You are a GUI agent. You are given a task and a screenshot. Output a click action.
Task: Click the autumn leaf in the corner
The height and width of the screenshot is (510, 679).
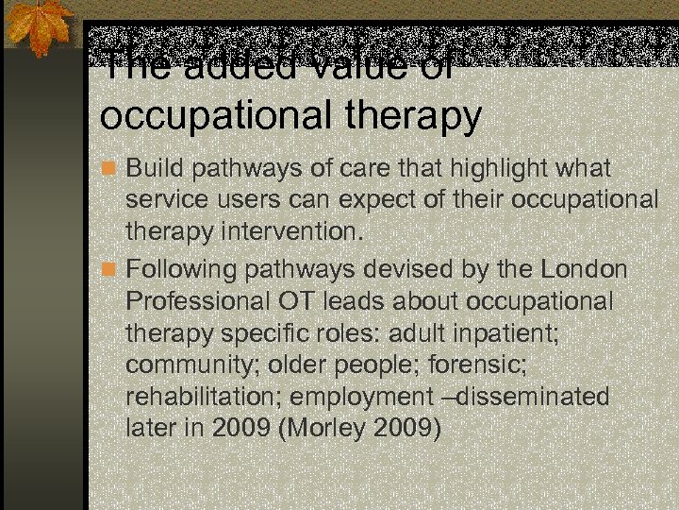click(38, 28)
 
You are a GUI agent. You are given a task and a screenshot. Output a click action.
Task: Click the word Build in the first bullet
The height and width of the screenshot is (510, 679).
click(156, 168)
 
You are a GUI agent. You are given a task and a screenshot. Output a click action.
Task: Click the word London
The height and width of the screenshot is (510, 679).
click(584, 269)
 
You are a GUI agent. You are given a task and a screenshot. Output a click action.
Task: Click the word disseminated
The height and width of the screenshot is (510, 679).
click(528, 397)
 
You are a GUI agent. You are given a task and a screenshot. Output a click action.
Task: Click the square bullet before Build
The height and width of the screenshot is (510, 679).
click(110, 169)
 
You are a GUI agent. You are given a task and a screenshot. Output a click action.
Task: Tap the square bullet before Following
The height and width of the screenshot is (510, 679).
click(110, 270)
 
